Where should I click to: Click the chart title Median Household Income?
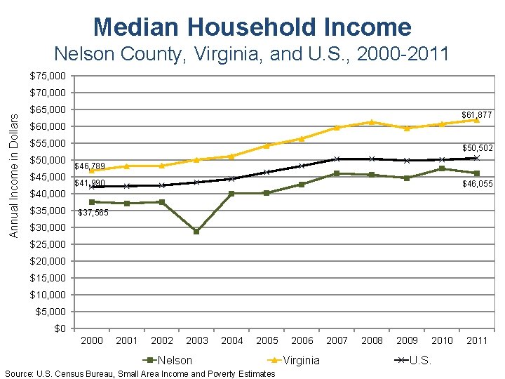[252, 27]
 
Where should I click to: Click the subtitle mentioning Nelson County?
[252, 54]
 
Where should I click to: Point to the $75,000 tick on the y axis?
[48, 76]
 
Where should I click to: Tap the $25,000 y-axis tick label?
[48, 244]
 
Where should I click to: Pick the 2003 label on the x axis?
[197, 340]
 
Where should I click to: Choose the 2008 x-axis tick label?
[372, 340]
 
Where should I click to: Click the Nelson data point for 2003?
[196, 231]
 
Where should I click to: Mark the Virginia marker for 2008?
[372, 122]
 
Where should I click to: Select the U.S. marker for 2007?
[337, 159]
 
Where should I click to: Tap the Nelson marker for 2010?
[442, 168]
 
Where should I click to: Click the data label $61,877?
[476, 114]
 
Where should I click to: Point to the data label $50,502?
[478, 148]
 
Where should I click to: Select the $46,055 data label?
[478, 183]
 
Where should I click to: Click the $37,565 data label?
[93, 213]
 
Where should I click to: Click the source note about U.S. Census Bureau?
[140, 373]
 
